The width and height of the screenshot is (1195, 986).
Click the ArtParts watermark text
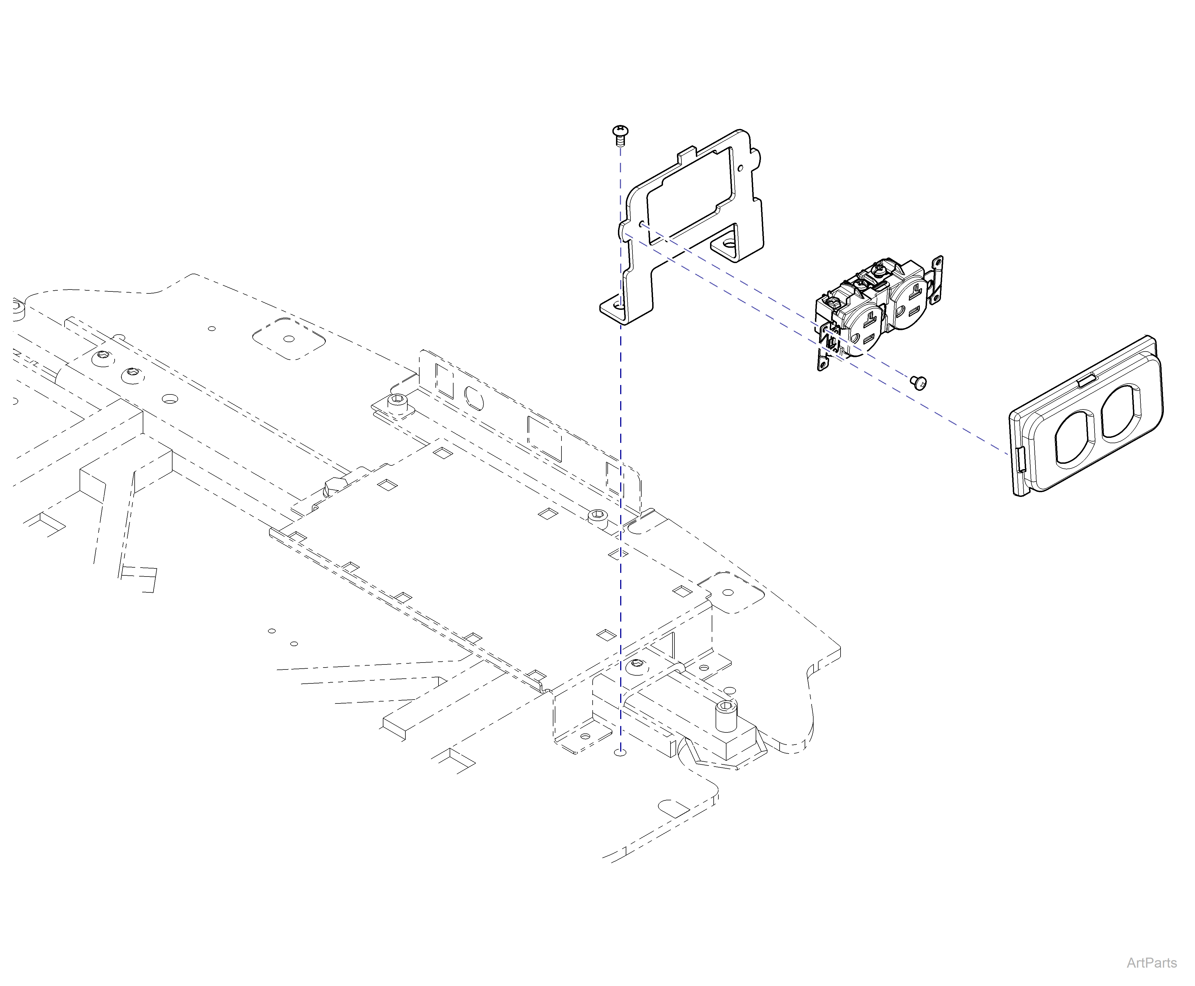pos(1151,962)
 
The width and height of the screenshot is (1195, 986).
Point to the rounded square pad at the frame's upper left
pos(289,339)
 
